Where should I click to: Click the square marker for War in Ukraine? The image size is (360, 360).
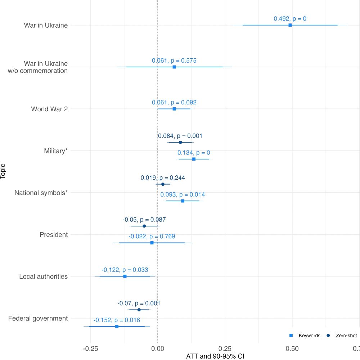pyautogui.click(x=290, y=25)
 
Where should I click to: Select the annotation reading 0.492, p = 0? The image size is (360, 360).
pyautogui.click(x=290, y=19)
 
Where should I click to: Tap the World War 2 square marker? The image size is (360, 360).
pyautogui.click(x=174, y=109)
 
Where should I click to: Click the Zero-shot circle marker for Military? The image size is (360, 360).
pyautogui.click(x=180, y=142)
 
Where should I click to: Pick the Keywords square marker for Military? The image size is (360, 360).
pyautogui.click(x=194, y=159)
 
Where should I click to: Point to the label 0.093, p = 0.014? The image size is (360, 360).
pyautogui.click(x=183, y=194)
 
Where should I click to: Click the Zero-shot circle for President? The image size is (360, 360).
pyautogui.click(x=144, y=226)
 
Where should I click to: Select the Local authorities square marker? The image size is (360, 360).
pyautogui.click(x=125, y=276)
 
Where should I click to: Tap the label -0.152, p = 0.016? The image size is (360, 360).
pyautogui.click(x=117, y=320)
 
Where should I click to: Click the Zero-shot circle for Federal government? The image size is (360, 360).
pyautogui.click(x=139, y=310)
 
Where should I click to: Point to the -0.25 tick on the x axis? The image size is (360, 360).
pyautogui.click(x=90, y=348)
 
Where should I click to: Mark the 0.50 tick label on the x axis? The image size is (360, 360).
pyautogui.click(x=292, y=348)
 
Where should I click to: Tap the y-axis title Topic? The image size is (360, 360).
pyautogui.click(x=3, y=172)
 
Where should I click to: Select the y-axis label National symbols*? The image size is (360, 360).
pyautogui.click(x=41, y=193)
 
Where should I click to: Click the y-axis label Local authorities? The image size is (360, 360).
pyautogui.click(x=43, y=276)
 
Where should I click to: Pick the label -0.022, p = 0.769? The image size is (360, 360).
pyautogui.click(x=152, y=237)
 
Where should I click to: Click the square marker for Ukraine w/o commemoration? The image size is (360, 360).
pyautogui.click(x=174, y=67)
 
